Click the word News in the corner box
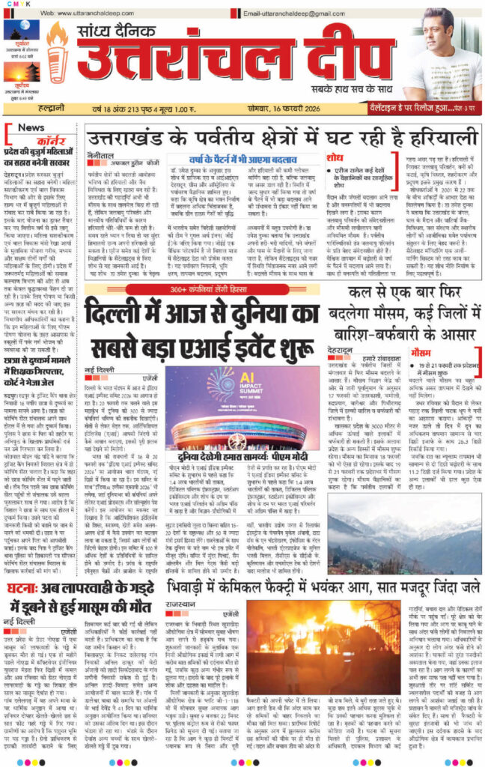31,128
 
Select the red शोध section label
335,157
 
